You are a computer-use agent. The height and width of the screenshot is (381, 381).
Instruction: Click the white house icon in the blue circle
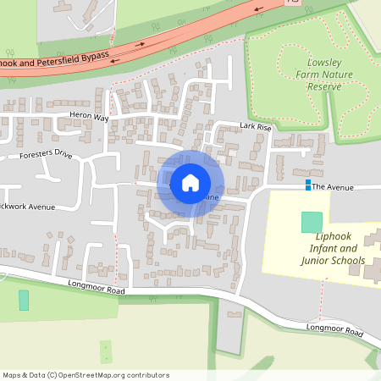pyautogui.click(x=190, y=182)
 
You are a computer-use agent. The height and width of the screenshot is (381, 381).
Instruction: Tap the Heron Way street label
pyautogui.click(x=90, y=118)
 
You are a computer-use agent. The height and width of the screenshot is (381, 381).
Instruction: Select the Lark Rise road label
pyautogui.click(x=255, y=127)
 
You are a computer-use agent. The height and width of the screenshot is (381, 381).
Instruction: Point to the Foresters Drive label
pyautogui.click(x=47, y=155)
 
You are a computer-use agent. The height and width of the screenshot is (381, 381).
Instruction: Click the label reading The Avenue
pyautogui.click(x=331, y=186)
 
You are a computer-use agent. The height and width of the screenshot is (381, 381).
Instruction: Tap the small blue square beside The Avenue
pyautogui.click(x=307, y=185)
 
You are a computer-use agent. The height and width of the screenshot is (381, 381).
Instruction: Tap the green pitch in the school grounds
pyautogui.click(x=312, y=222)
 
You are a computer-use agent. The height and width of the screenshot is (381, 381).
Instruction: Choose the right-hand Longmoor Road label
pyautogui.click(x=334, y=331)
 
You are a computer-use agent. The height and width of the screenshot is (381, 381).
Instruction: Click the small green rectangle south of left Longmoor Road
pyautogui.click(x=24, y=300)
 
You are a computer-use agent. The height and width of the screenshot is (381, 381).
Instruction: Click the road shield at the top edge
pyautogui.click(x=293, y=3)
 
